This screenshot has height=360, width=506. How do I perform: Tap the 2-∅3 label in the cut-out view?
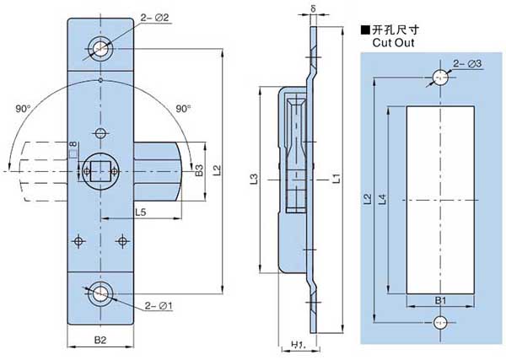pos(468,62)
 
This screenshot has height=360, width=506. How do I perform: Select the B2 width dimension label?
pos(100,341)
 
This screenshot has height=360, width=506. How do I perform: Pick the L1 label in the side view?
pos(336,178)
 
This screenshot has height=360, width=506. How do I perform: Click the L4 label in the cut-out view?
pos(382,199)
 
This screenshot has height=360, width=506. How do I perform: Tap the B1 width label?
pos(439,299)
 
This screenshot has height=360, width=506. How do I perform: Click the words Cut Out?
pos(390,40)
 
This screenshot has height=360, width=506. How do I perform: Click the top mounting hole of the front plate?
pos(101,48)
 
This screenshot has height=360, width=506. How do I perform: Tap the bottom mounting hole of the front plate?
pos(101,294)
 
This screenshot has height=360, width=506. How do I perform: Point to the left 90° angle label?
pos(24,108)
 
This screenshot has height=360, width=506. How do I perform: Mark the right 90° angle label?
pos(182,108)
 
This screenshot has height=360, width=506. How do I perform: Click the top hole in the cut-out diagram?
pos(439,78)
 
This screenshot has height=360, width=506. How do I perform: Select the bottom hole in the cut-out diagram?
pos(439,321)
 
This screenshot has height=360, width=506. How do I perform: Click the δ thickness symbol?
pos(313,10)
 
